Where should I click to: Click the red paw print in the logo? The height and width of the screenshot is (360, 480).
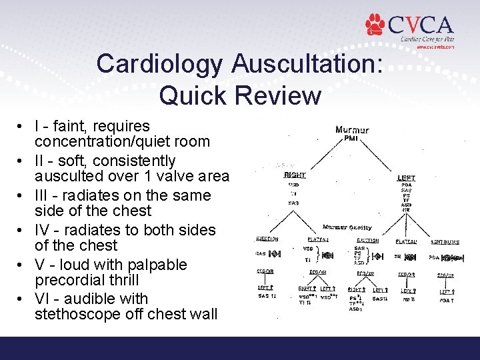coord(375,25)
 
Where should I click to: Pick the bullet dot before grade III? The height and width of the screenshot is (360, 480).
coord(23,196)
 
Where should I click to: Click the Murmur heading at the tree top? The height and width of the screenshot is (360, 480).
coord(352,130)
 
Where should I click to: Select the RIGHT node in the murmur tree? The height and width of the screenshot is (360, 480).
coord(294,175)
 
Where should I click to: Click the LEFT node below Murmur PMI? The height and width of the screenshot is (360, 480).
coord(405,178)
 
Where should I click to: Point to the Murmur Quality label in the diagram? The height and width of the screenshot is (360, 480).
coord(347,227)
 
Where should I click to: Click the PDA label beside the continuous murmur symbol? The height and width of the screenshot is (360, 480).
coord(433,257)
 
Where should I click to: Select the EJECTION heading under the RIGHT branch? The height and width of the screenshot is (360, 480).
coord(267,239)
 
